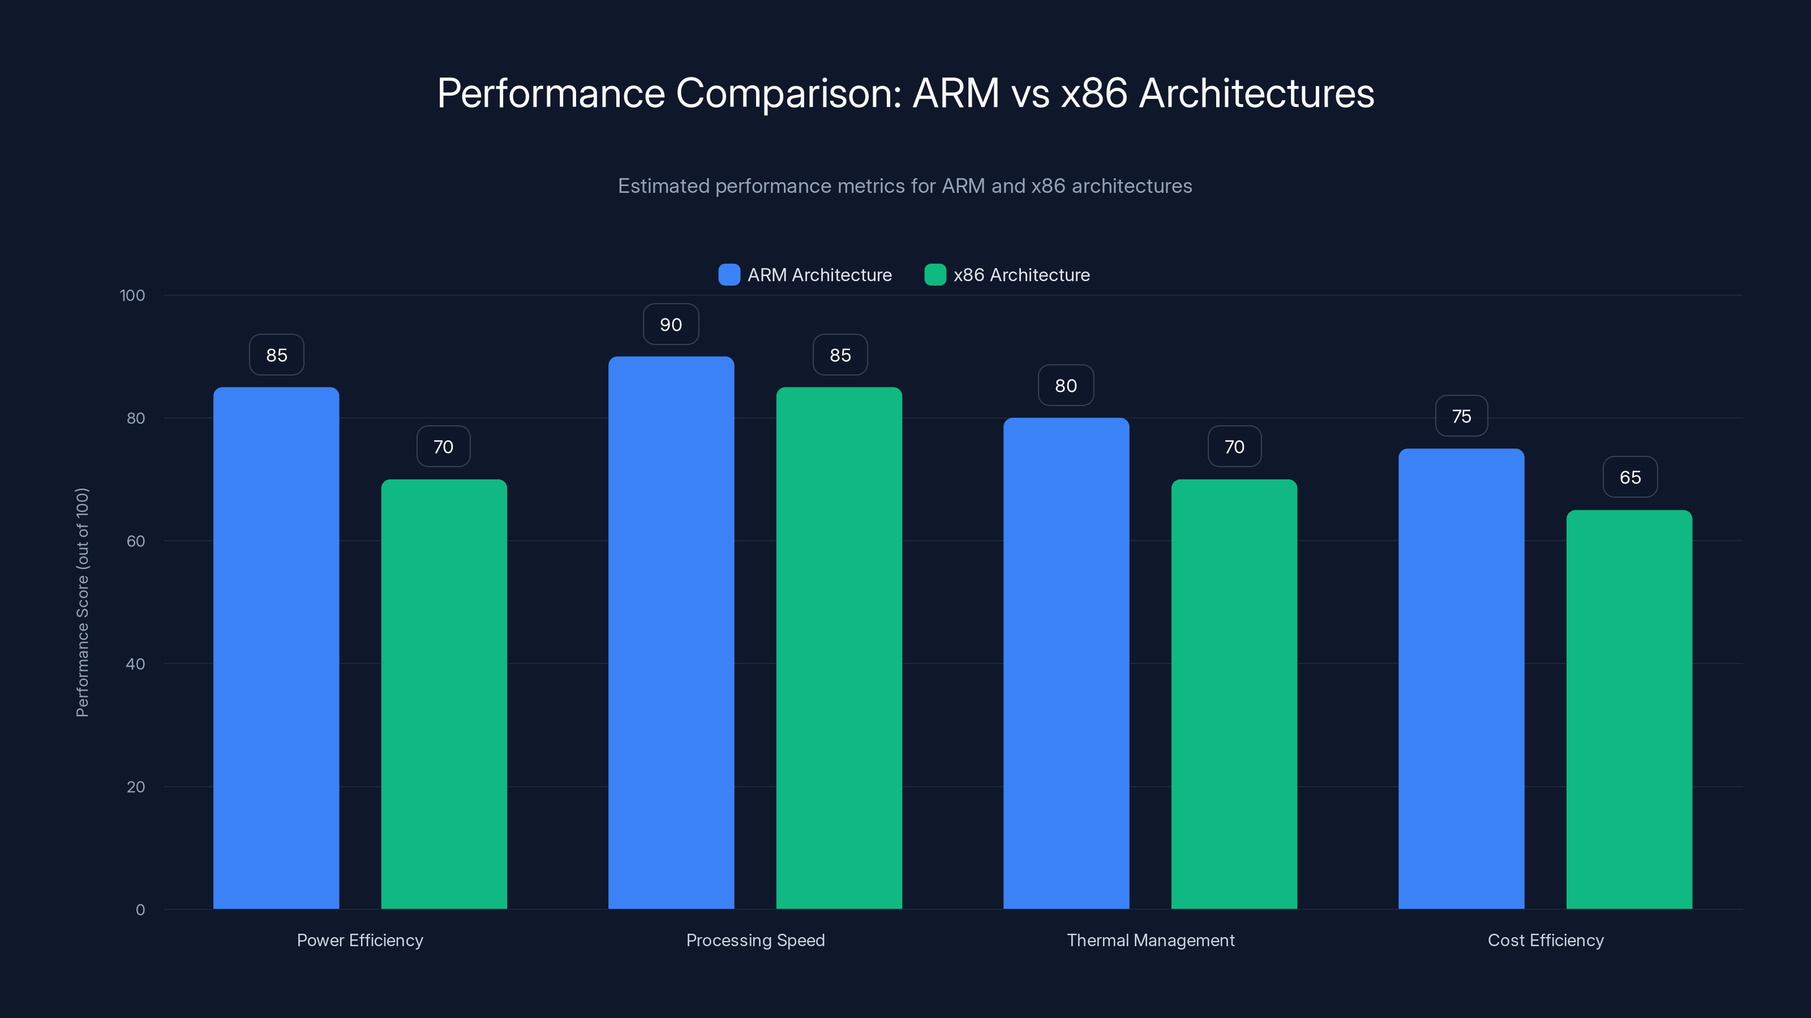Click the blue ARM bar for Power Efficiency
[x=276, y=646]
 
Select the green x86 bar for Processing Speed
[x=839, y=646]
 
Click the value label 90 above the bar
[x=671, y=325]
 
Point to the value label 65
[x=1630, y=478]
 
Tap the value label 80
[x=1066, y=386]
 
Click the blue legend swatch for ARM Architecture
[x=729, y=275]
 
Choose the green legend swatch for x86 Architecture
[x=935, y=275]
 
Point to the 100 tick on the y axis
[x=132, y=295]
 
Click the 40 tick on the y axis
[x=135, y=664]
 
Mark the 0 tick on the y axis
[x=140, y=910]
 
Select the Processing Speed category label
[x=755, y=940]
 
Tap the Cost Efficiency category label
[x=1545, y=940]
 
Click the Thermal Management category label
[x=1150, y=940]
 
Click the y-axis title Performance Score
[x=82, y=602]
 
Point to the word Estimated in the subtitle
[x=663, y=186]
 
